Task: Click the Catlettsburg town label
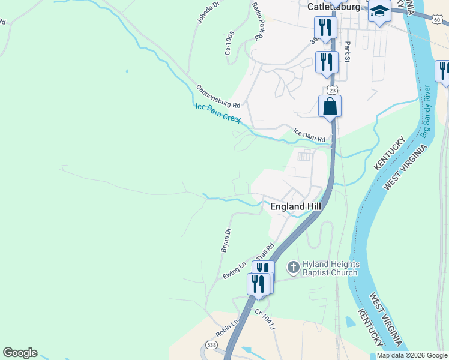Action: tap(334, 7)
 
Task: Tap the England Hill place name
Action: tap(295, 206)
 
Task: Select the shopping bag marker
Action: tap(330, 106)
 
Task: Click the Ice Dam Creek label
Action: tap(218, 112)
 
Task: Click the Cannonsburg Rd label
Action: tap(218, 95)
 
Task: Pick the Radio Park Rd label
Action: tap(259, 20)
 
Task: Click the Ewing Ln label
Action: tap(235, 270)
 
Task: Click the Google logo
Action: tap(20, 353)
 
